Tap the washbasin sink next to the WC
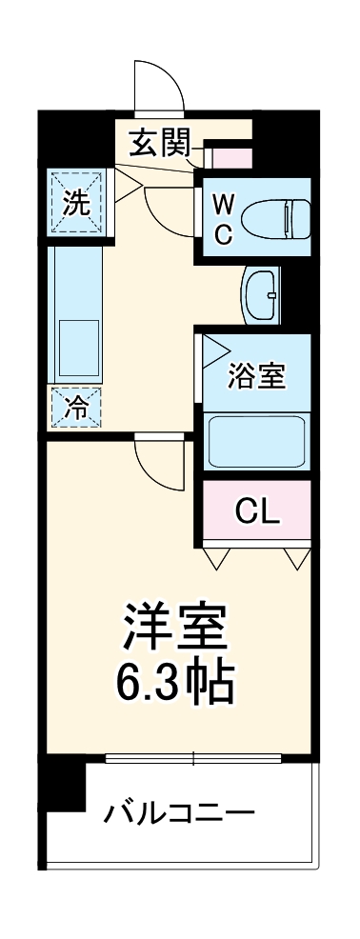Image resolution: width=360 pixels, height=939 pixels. [x=261, y=293]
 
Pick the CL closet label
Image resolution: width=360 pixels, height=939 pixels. [x=257, y=512]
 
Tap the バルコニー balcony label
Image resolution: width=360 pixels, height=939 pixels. [x=180, y=813]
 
